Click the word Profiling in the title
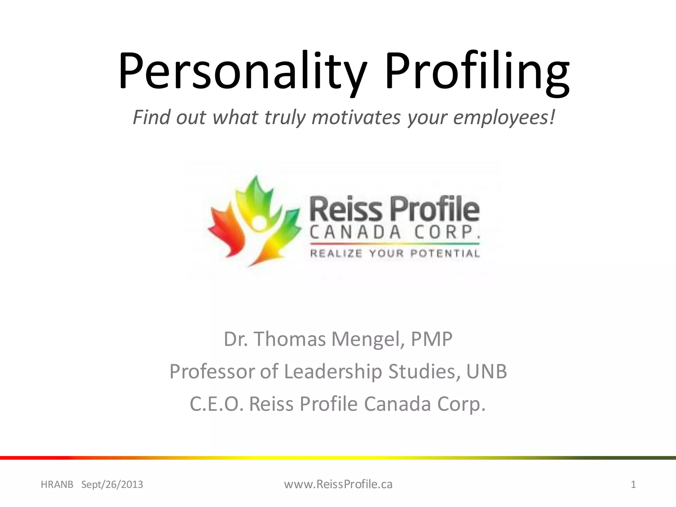(x=477, y=71)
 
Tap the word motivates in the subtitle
(x=356, y=117)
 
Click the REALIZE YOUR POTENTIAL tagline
(x=395, y=253)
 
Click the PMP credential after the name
(x=431, y=339)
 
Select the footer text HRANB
(x=57, y=485)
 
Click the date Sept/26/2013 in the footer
(x=112, y=485)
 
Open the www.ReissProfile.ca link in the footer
(x=338, y=484)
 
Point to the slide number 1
(x=633, y=485)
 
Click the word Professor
(x=212, y=371)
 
